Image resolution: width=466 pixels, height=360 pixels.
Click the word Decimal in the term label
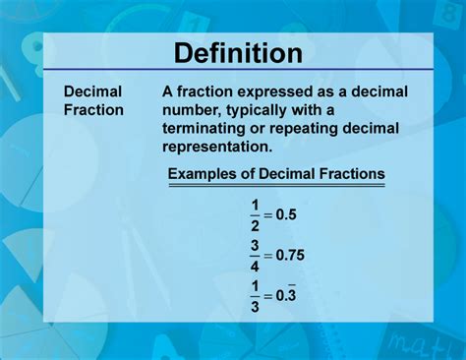click(92, 91)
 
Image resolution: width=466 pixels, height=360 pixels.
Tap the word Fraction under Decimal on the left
click(94, 109)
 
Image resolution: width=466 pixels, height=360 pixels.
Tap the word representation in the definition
click(216, 148)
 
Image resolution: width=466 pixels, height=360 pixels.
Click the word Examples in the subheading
click(205, 174)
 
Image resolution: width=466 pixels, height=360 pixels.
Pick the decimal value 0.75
click(290, 255)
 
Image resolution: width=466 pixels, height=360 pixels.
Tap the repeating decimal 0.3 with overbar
click(286, 295)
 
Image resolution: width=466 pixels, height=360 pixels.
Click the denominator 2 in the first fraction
click(255, 225)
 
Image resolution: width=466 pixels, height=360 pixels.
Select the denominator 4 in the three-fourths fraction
click(255, 265)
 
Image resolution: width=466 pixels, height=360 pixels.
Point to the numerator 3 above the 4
click(255, 245)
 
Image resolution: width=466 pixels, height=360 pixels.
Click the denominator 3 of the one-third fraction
click(255, 305)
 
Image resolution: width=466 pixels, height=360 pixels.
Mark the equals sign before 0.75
click(267, 255)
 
